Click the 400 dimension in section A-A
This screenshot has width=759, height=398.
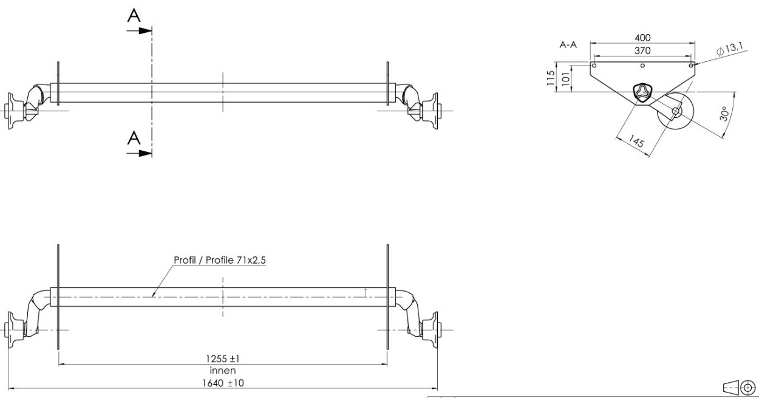pyautogui.click(x=643, y=38)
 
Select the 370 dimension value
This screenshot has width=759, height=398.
pyautogui.click(x=642, y=51)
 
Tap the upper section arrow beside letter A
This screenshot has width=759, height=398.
pyautogui.click(x=143, y=30)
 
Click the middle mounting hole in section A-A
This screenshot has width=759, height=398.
pyautogui.click(x=643, y=65)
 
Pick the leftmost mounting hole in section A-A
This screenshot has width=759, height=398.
pyautogui.click(x=594, y=65)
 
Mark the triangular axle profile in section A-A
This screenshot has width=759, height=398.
pyautogui.click(x=642, y=93)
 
